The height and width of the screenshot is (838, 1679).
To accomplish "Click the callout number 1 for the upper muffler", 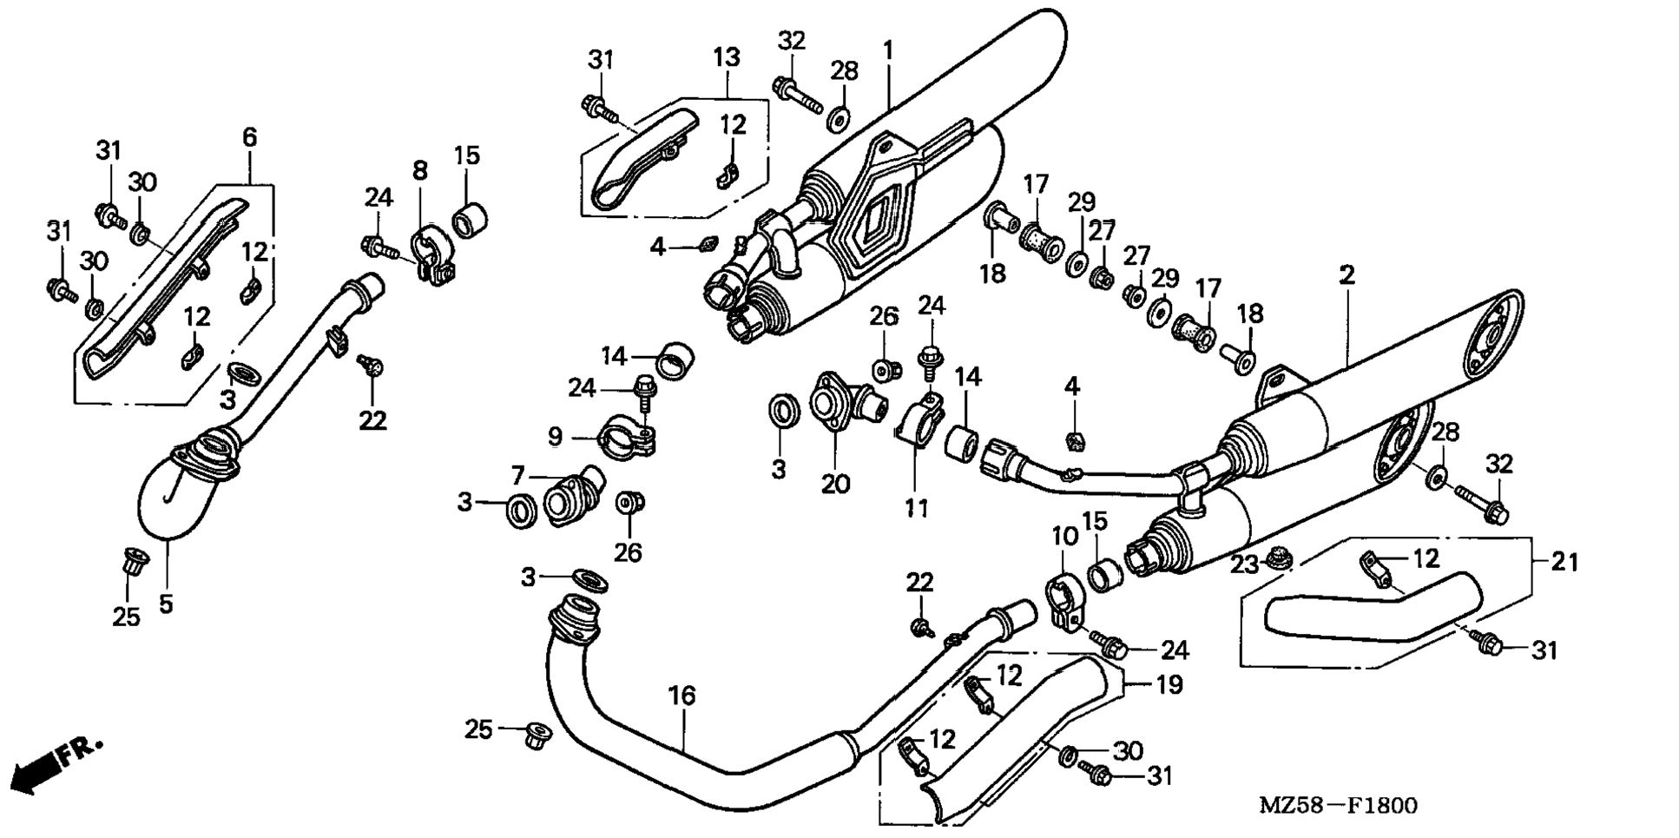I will [887, 50].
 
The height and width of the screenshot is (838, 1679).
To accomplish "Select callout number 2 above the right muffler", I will [1346, 276].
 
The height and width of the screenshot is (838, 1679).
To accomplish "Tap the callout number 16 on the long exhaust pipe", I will [682, 696].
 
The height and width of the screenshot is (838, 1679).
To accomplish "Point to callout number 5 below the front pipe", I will [166, 603].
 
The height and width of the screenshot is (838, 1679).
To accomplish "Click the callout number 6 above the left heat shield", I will [250, 137].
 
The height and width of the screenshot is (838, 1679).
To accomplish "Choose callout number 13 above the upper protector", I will [727, 57].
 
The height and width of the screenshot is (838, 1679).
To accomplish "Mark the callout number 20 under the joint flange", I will [835, 484].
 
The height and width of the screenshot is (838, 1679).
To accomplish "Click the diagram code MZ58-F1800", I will [1338, 806].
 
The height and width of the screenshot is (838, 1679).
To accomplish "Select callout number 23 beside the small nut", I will [1244, 564].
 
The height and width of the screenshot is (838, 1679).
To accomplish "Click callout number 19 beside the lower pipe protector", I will [1169, 685].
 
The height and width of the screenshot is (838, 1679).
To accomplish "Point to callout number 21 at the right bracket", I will [1564, 563].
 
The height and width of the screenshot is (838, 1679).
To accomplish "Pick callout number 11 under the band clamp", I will [917, 508].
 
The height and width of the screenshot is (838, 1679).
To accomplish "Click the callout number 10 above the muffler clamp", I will [1065, 536].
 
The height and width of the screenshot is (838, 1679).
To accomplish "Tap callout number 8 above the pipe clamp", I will [420, 170].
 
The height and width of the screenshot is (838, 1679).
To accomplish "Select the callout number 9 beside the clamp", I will [556, 436].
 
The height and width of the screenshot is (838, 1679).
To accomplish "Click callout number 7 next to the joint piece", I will [518, 475].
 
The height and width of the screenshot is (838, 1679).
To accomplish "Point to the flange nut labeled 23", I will [1277, 556].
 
